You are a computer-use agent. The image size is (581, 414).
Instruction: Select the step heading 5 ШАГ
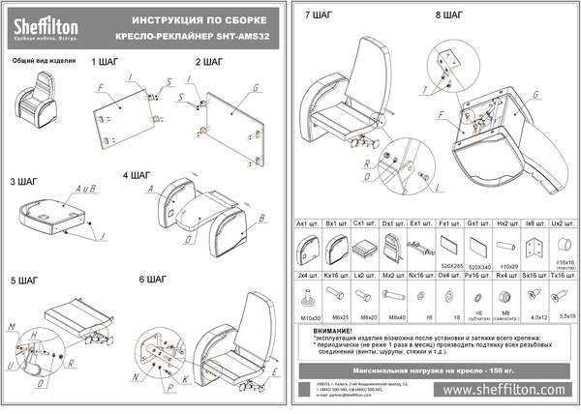click(x=23, y=281)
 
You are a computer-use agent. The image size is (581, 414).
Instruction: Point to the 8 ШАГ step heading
click(x=449, y=16)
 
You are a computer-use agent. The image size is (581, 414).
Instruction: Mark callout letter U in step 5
click(x=12, y=367)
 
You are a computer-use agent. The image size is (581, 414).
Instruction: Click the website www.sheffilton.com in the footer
click(x=503, y=389)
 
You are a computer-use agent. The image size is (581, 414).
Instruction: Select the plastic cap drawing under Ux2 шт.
click(x=564, y=244)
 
